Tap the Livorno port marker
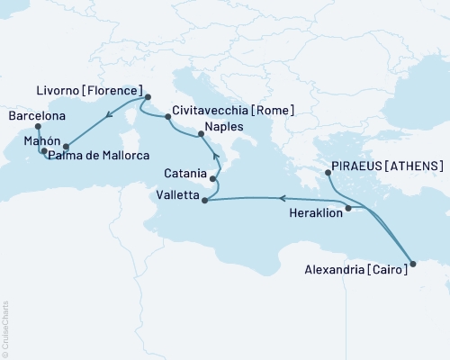[148, 97]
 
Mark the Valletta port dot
[205, 200]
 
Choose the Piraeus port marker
[328, 173]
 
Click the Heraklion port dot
[349, 208]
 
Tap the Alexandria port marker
[413, 264]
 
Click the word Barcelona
[36, 116]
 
